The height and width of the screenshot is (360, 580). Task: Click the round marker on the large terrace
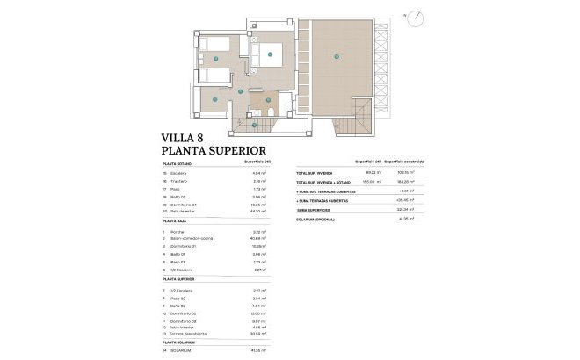pos(335,58)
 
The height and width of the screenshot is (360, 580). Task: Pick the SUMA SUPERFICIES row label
pos(313,209)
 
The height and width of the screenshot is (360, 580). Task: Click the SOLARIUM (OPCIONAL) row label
pos(316,218)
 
